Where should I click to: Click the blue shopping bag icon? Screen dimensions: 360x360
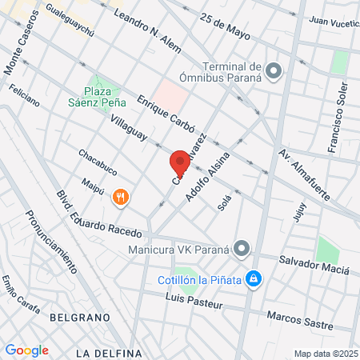click(253, 278)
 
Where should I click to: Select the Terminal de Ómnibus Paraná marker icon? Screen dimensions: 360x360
click(274, 72)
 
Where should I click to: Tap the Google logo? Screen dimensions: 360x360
click(26, 350)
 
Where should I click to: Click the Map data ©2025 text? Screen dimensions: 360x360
click(326, 354)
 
